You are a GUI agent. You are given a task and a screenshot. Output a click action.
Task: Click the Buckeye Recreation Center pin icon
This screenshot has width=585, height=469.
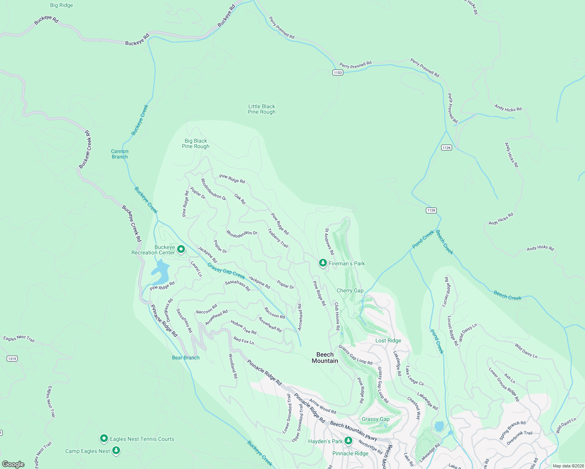(181, 249)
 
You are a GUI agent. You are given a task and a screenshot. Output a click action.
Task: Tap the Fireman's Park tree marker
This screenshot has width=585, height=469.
(323, 263)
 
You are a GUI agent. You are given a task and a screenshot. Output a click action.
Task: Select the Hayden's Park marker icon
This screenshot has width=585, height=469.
(348, 441)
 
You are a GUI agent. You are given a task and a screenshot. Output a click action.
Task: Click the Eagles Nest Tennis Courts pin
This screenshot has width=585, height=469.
(104, 439)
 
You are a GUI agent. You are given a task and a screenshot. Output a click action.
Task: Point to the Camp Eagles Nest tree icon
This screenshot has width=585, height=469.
(116, 451)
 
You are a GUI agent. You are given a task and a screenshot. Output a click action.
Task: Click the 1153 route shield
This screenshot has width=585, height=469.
(337, 72)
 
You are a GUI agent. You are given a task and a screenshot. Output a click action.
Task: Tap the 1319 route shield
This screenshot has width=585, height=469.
(12, 358)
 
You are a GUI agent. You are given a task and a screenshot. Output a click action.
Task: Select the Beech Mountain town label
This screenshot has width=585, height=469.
(325, 358)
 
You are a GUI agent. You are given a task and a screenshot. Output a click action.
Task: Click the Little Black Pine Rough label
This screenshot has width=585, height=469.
(262, 109)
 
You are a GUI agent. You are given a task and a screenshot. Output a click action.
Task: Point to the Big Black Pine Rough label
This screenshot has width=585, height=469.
(196, 143)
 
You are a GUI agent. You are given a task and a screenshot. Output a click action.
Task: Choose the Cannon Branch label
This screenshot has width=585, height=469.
(120, 154)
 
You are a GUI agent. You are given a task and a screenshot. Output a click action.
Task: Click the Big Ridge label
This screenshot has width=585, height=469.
(61, 5)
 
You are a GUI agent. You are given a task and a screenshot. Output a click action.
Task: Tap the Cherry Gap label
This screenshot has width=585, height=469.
(350, 290)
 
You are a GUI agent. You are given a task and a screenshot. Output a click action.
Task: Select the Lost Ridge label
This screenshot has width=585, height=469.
(388, 340)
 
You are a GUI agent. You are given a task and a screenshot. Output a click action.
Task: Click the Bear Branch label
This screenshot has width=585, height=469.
(186, 358)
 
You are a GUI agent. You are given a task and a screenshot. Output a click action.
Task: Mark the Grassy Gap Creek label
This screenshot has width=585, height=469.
(226, 271)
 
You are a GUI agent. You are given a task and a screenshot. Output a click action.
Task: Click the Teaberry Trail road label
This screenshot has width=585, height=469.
(278, 238)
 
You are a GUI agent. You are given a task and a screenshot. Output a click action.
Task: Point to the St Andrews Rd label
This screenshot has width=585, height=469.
(329, 242)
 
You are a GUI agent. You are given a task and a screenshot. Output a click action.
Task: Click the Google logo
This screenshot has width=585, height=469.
(13, 464)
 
